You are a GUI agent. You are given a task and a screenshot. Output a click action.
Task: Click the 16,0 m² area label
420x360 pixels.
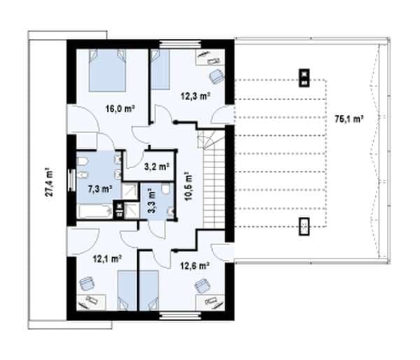click(x=120, y=109)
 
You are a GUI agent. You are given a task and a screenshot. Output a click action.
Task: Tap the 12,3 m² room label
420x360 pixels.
click(x=195, y=96)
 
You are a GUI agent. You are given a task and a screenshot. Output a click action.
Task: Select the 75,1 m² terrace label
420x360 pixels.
click(x=349, y=119)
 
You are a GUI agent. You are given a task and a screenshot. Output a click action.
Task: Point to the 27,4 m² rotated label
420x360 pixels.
click(x=49, y=182)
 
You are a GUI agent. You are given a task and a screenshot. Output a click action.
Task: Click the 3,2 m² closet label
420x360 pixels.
click(x=157, y=167)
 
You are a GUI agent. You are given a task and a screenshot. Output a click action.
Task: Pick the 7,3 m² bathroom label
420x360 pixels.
click(x=100, y=189)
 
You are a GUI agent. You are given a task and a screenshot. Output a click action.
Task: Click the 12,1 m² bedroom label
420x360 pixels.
click(x=107, y=259)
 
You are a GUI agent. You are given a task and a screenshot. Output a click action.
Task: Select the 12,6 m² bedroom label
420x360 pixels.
click(x=195, y=266)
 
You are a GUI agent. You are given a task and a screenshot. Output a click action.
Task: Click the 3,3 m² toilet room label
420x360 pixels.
click(x=152, y=200)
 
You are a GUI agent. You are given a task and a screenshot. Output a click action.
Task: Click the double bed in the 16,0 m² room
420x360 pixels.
click(x=107, y=70)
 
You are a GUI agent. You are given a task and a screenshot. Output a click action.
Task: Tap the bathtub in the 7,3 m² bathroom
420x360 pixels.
click(x=94, y=212)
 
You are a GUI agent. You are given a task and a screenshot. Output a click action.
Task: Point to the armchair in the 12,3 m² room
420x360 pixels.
click(x=216, y=76)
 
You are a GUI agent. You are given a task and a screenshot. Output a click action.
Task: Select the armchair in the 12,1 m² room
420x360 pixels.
click(x=87, y=284)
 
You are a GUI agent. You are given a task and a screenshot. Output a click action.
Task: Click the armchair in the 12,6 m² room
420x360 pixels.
click(x=202, y=286)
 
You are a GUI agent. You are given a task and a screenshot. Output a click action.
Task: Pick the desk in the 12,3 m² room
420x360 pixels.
click(x=210, y=57)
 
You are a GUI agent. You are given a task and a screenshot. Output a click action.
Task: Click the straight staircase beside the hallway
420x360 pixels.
click(x=213, y=188)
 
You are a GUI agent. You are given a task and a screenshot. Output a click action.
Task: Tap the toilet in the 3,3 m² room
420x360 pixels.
click(x=166, y=188)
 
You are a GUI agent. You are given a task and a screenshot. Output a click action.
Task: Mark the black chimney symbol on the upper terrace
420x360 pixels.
click(x=304, y=78)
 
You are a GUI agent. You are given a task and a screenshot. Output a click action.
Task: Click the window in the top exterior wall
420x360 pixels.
click(x=180, y=44)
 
